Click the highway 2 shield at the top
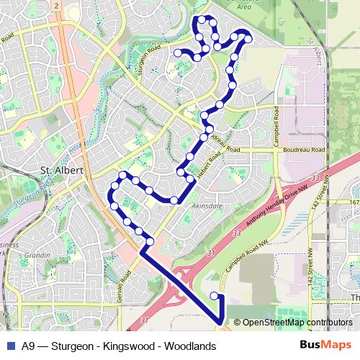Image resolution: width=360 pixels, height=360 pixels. point(55,5)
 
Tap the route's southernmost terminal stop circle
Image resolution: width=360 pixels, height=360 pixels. point(214,296)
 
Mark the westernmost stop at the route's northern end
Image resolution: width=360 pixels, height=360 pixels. point(178,53)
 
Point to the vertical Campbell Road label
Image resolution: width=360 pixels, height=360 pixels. point(275,126)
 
